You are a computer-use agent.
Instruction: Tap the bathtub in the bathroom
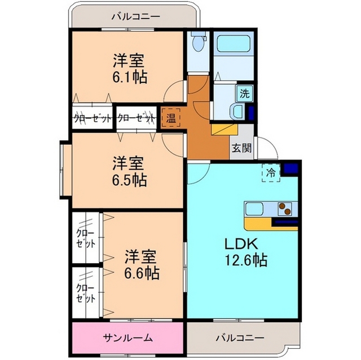tap(233, 44)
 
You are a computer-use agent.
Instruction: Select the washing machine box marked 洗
tap(244, 94)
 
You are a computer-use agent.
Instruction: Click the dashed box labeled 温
tap(170, 118)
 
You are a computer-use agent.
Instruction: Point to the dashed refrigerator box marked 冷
tap(271, 173)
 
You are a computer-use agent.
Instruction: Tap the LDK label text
tap(241, 245)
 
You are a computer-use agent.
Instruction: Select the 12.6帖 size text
tap(246, 260)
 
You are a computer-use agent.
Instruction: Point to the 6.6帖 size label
tap(142, 273)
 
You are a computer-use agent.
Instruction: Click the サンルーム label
tap(128, 338)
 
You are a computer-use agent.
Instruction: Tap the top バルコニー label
tap(135, 16)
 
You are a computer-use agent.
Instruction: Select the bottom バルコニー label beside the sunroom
tap(240, 338)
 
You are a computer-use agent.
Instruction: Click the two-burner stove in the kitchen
tap(284, 209)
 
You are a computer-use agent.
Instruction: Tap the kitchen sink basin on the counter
tap(254, 209)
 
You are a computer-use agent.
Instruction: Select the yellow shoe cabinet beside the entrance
tap(224, 130)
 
